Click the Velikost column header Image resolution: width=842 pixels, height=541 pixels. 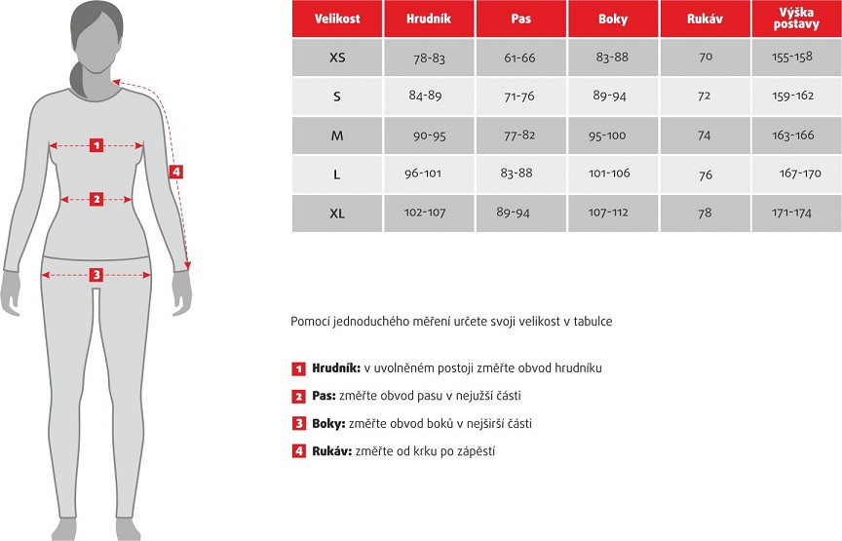point(336,19)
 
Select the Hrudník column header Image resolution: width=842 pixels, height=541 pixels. point(429,19)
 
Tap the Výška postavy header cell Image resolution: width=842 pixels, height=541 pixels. point(796,19)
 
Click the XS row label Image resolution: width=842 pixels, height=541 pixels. point(337,58)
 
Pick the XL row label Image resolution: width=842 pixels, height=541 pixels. point(337,213)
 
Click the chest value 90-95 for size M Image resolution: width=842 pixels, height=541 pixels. point(429,135)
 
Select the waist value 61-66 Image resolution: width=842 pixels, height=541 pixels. point(520,58)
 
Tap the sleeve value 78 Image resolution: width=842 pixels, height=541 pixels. point(705,213)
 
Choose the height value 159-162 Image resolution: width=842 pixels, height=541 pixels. point(792,97)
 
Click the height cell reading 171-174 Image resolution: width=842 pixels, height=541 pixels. point(792,213)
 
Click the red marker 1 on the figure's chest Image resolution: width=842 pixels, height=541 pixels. point(96,145)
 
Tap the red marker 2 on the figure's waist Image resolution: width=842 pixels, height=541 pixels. point(96,199)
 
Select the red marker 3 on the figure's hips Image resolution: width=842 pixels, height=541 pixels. point(96,274)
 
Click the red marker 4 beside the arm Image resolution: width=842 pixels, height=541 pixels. point(175,172)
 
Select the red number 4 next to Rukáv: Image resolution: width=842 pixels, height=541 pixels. point(299,451)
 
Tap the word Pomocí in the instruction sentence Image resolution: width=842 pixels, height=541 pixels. point(311,321)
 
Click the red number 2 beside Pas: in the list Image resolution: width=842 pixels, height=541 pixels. point(299,397)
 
